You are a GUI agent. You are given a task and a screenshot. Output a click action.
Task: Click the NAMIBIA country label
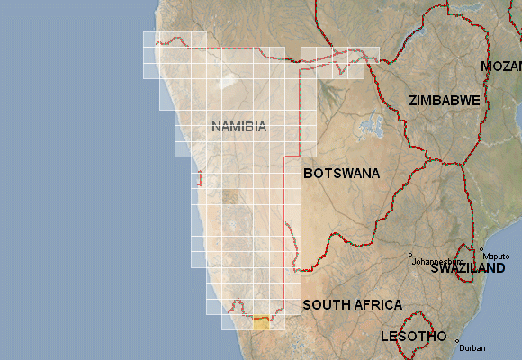[x=239, y=127]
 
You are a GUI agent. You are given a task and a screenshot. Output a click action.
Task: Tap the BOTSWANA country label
[x=341, y=173]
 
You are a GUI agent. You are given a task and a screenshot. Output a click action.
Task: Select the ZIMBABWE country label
[x=444, y=101]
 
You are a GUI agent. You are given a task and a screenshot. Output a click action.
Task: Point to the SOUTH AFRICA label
[x=352, y=305]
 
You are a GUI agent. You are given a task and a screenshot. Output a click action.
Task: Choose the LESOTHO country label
[x=413, y=337]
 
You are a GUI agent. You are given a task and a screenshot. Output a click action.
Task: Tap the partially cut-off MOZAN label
[x=500, y=67]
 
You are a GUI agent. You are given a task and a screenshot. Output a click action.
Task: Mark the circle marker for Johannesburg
[x=410, y=254]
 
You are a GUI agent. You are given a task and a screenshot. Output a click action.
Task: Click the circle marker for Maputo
[x=481, y=249]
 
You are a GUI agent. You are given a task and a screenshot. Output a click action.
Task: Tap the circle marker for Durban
[x=457, y=341]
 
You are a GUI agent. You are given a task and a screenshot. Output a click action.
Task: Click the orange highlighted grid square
[x=262, y=323]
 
